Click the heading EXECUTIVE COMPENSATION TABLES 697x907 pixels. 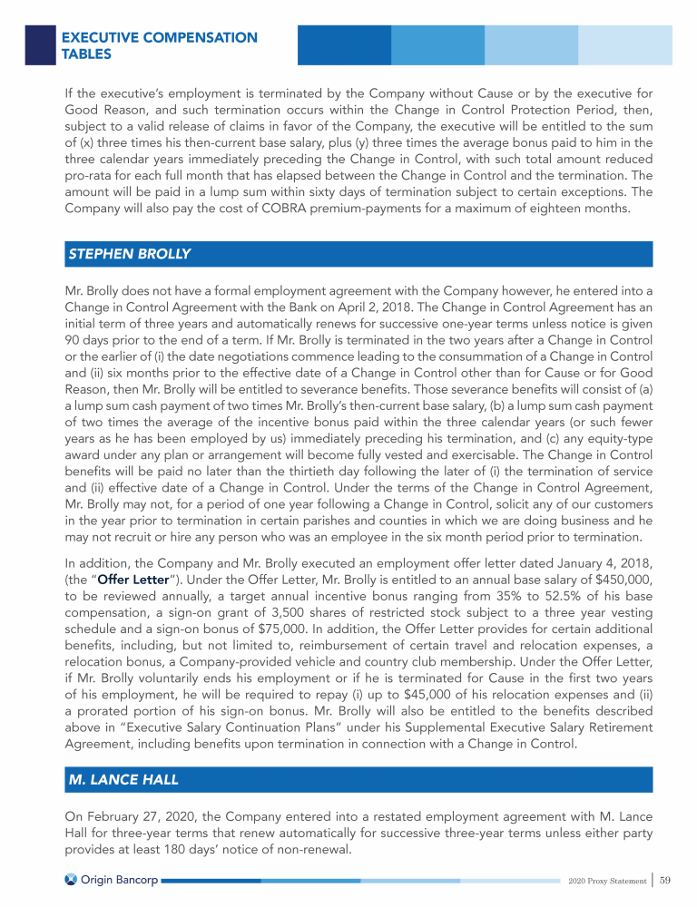click(159, 45)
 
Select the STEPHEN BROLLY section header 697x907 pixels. click(129, 254)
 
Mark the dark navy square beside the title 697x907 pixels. click(41, 44)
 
